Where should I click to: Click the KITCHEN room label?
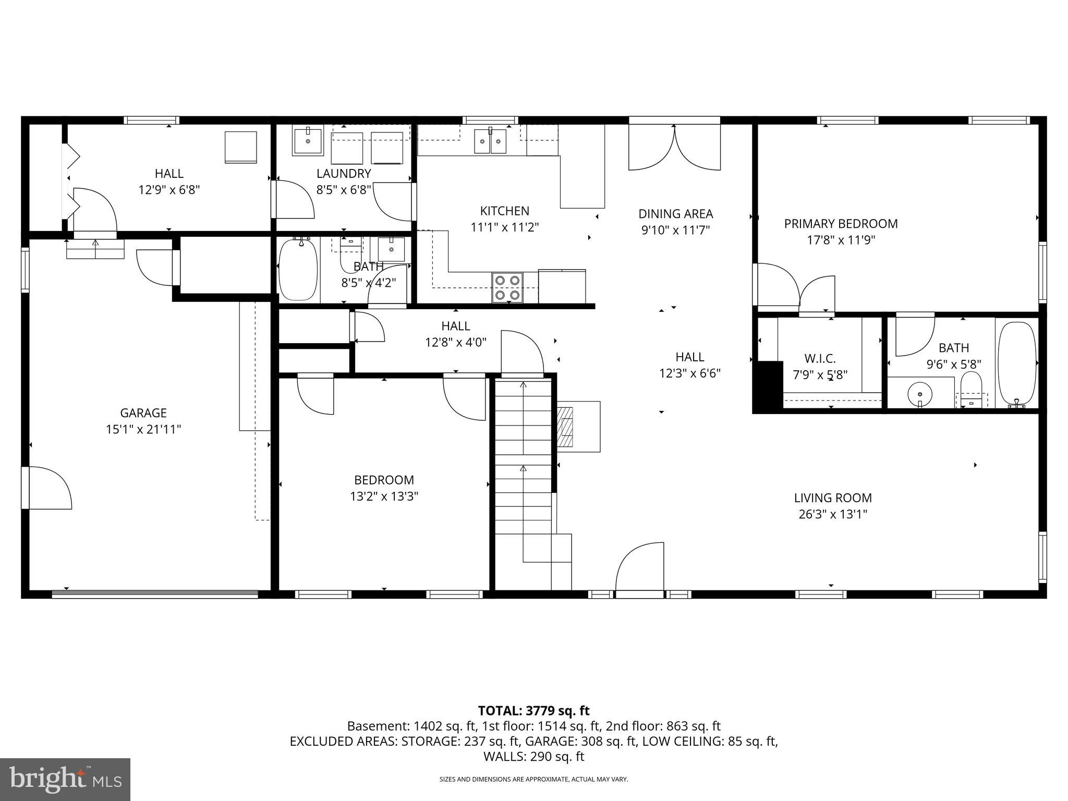[504, 211]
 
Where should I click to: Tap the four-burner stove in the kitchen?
[507, 288]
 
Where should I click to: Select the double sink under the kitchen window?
[490, 141]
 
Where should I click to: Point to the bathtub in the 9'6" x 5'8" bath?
[1016, 363]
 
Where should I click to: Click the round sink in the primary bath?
[920, 394]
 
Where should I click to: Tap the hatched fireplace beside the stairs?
[566, 427]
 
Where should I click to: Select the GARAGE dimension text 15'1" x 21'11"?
[143, 430]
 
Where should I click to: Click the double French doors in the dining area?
[674, 147]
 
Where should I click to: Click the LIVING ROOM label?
[833, 498]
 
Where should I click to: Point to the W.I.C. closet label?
[820, 359]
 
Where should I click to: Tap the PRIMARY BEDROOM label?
[841, 224]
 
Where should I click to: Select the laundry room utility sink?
[308, 141]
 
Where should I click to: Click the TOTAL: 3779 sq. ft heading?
[533, 711]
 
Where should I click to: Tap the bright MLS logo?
[65, 780]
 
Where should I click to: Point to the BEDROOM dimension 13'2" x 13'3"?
[384, 496]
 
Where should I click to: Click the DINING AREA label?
[675, 214]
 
